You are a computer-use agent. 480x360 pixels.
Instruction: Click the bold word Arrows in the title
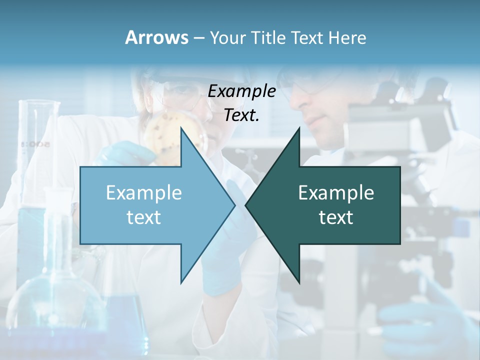pyautogui.click(x=156, y=37)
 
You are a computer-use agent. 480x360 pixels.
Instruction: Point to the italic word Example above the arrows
pyautogui.click(x=241, y=91)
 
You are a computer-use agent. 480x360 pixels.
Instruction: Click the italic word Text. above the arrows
pyautogui.click(x=241, y=115)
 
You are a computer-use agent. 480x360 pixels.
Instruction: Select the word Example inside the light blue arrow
pyautogui.click(x=144, y=193)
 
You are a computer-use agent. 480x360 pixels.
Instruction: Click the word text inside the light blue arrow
pyautogui.click(x=144, y=217)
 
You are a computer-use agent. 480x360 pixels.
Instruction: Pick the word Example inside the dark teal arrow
pyautogui.click(x=336, y=193)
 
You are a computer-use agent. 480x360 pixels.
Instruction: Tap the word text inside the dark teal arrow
pyautogui.click(x=336, y=217)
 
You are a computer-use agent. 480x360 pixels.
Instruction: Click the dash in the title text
pyautogui.click(x=198, y=38)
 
